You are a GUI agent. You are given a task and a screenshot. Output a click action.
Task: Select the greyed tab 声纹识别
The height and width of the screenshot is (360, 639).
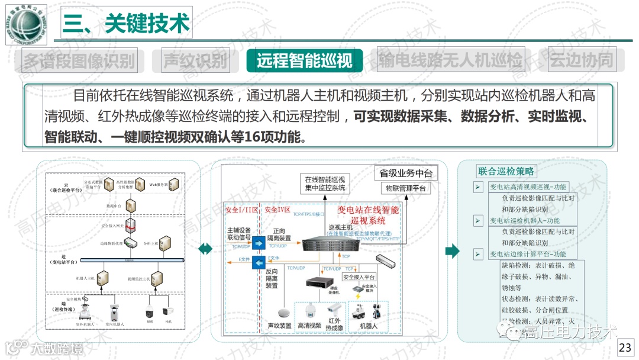tap(195, 60)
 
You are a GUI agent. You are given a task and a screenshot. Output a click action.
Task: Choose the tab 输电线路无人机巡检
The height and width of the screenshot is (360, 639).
tap(451, 60)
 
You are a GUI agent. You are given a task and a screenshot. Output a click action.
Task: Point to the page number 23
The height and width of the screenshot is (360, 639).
tap(625, 348)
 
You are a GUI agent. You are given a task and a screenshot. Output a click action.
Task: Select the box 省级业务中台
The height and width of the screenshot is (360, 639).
tap(406, 173)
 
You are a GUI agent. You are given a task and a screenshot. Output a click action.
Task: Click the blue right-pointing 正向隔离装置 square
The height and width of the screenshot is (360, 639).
tap(258, 244)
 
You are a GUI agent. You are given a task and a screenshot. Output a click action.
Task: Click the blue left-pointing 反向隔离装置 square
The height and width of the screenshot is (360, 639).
tap(258, 262)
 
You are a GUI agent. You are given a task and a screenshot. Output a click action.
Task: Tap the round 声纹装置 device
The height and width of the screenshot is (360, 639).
tap(282, 312)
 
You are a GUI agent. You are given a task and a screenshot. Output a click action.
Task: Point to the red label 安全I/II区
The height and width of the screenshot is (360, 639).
tap(241, 211)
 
